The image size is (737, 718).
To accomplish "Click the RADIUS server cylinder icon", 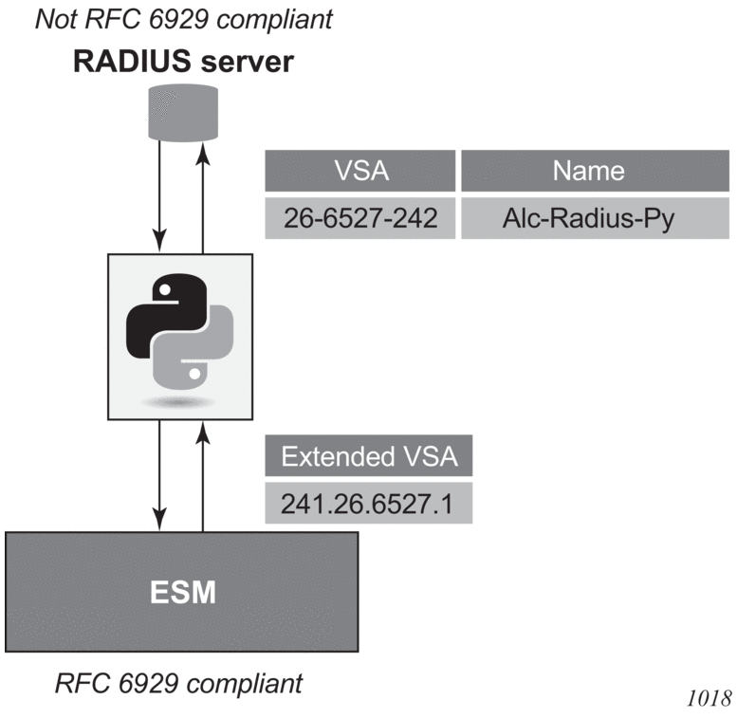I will (182, 112).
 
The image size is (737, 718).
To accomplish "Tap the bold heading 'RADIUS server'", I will (181, 63).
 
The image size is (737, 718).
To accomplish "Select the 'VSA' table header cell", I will (359, 171).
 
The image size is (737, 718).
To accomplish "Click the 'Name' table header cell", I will (588, 171).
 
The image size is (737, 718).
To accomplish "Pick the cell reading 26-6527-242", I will (359, 218).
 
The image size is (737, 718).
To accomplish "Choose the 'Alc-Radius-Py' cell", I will (588, 218).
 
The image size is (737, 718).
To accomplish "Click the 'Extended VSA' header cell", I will (369, 459).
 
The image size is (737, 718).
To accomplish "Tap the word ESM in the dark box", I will (183, 594).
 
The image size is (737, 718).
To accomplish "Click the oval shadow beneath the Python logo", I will (179, 403).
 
